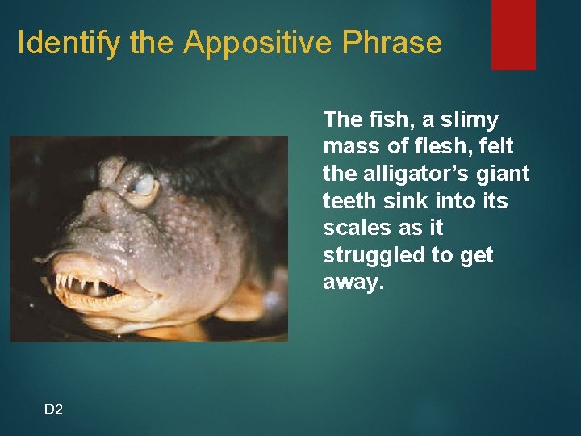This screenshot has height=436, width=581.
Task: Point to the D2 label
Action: pos(53,409)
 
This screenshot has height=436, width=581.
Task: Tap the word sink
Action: pos(400,201)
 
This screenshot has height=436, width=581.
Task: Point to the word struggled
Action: pos(367,256)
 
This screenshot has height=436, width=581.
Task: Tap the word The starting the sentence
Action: pos(341,119)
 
